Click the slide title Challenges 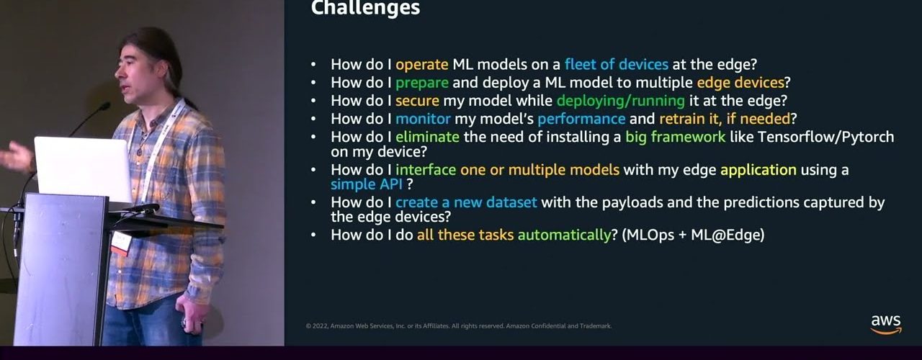point(365,8)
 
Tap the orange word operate point(422,65)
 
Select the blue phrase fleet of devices point(616,64)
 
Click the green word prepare point(422,83)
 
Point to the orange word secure point(417,101)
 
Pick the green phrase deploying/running point(621,102)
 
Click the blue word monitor point(423,119)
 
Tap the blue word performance point(581,120)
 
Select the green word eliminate point(427,137)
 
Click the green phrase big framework point(676,137)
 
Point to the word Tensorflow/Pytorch point(825,137)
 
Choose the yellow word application point(758,171)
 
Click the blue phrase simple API point(367,184)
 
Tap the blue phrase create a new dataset point(466,202)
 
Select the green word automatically point(564,235)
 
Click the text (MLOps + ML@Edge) point(693,235)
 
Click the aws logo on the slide point(886,325)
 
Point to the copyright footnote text point(459,326)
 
